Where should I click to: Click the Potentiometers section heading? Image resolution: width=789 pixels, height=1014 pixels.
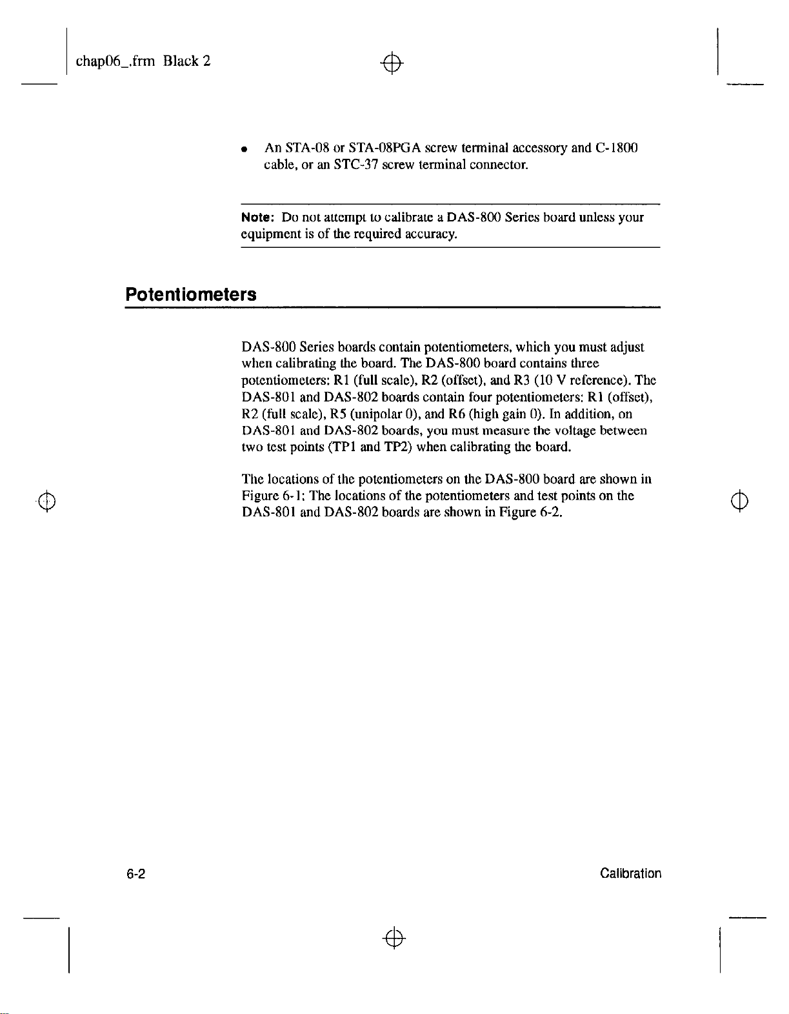click(191, 295)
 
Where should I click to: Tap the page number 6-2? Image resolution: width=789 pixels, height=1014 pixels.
click(135, 874)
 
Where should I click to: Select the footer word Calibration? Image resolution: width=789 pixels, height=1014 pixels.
click(630, 874)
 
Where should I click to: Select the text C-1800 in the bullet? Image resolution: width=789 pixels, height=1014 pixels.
click(617, 148)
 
